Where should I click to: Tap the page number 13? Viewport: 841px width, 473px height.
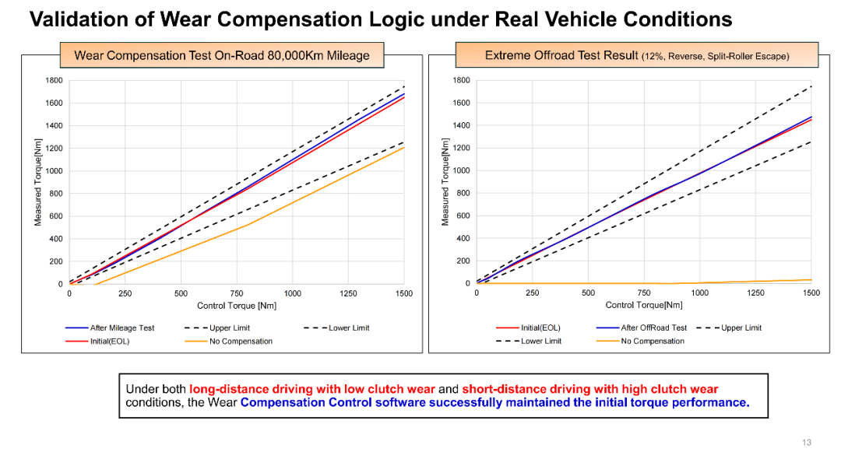(806, 443)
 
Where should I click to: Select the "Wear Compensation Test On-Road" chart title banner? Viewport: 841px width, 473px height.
(221, 55)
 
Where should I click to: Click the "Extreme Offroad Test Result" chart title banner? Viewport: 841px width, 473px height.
(636, 55)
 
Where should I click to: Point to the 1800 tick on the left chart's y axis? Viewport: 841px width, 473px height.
(54, 80)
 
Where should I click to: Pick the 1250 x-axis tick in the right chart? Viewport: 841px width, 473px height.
(755, 294)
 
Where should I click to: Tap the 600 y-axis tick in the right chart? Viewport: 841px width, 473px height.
(462, 216)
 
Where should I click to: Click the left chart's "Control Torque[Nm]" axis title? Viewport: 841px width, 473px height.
(236, 306)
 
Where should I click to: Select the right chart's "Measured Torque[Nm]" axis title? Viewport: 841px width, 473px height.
(445, 183)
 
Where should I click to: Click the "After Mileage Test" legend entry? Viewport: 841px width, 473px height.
(121, 328)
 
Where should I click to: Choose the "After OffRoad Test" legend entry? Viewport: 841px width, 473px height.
(653, 328)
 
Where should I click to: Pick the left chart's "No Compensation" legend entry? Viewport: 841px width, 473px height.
(241, 342)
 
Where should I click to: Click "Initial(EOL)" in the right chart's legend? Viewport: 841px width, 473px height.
(540, 328)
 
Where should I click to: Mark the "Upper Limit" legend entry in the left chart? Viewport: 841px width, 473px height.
(230, 328)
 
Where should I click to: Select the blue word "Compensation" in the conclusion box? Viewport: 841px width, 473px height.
(285, 403)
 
